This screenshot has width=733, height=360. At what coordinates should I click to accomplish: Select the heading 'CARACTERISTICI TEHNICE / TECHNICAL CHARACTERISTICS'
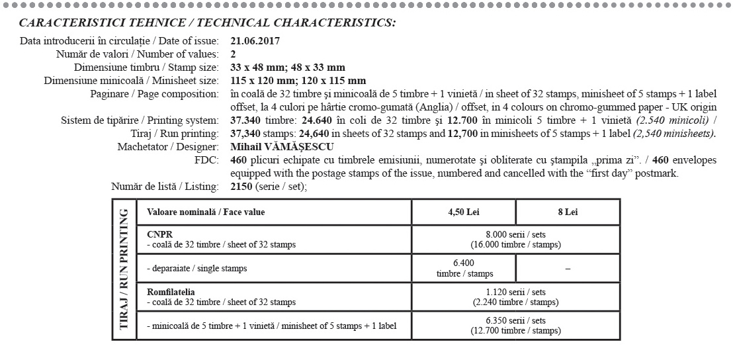click(207, 22)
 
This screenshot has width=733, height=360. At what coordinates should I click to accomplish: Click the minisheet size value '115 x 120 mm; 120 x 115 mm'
click(298, 81)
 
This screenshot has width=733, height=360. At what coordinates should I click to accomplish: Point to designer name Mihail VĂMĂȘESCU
click(282, 146)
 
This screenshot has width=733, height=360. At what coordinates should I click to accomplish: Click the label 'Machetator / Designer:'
click(167, 146)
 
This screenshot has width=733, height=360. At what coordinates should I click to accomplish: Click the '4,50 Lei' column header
click(463, 212)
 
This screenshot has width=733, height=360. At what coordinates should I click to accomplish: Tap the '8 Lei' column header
click(568, 212)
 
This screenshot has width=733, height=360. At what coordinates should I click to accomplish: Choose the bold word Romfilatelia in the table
click(171, 291)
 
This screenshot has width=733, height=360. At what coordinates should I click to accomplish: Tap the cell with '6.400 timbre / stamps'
click(463, 268)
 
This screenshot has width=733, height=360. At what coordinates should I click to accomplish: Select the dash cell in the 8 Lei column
click(568, 269)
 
